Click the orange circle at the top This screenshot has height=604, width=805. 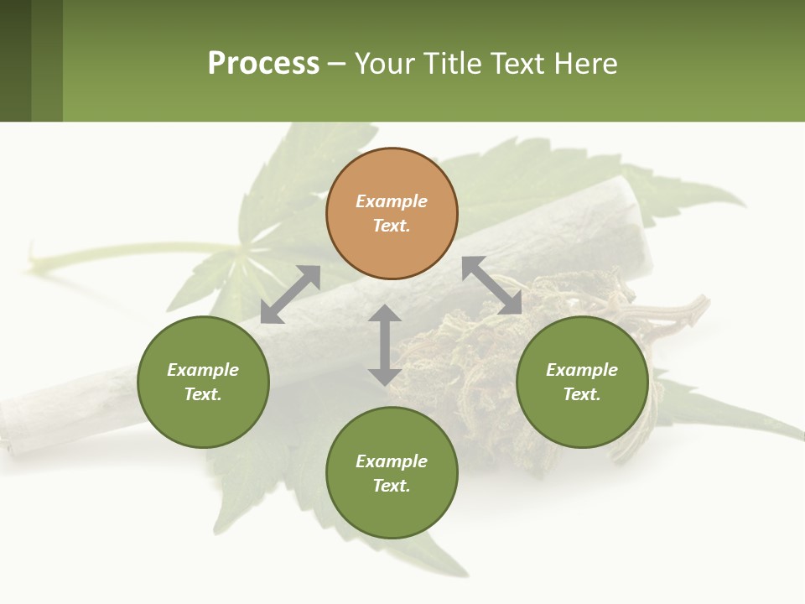[392, 213]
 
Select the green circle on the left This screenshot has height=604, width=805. [203, 382]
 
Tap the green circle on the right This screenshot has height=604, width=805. [582, 382]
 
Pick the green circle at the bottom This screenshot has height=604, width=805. [392, 473]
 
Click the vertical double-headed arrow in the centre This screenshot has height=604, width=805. [384, 345]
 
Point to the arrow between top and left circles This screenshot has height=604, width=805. [290, 294]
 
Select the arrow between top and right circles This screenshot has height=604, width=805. [492, 285]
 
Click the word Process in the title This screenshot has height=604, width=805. [263, 63]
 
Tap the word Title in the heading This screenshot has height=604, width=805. [452, 63]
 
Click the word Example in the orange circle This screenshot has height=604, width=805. [392, 201]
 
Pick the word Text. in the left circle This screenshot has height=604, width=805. [203, 394]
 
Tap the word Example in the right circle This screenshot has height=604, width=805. [582, 370]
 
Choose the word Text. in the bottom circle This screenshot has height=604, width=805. [392, 486]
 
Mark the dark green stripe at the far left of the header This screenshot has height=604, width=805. [15, 60]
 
